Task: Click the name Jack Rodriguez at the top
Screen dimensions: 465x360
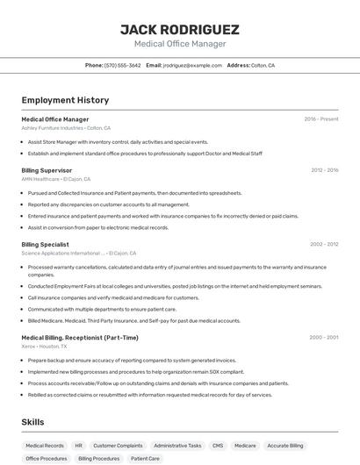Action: tap(179, 29)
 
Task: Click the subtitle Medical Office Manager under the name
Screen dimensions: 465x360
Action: tap(179, 44)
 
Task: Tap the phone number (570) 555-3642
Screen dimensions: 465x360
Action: tap(122, 65)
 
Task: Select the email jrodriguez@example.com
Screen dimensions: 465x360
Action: tap(192, 65)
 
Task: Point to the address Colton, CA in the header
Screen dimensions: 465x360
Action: tap(263, 65)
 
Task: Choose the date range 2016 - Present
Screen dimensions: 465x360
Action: tap(321, 119)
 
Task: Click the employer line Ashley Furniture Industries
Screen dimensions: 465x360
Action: tap(66, 128)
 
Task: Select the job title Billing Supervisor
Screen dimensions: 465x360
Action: tap(47, 170)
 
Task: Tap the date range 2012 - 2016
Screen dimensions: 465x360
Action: tap(324, 170)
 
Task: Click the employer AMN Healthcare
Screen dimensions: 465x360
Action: tap(55, 179)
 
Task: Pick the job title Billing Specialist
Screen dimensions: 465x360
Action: tap(45, 244)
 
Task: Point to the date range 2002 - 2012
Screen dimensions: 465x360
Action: tap(324, 244)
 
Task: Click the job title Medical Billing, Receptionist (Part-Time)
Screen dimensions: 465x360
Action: tap(80, 338)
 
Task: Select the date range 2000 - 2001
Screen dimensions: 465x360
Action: tap(324, 338)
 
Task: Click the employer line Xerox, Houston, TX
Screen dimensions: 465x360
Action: tap(44, 347)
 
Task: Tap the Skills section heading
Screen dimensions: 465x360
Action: tap(32, 422)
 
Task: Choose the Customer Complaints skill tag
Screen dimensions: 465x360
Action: tap(118, 446)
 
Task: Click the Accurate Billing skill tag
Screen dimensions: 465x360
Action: tap(284, 446)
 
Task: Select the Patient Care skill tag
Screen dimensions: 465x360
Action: tap(145, 458)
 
